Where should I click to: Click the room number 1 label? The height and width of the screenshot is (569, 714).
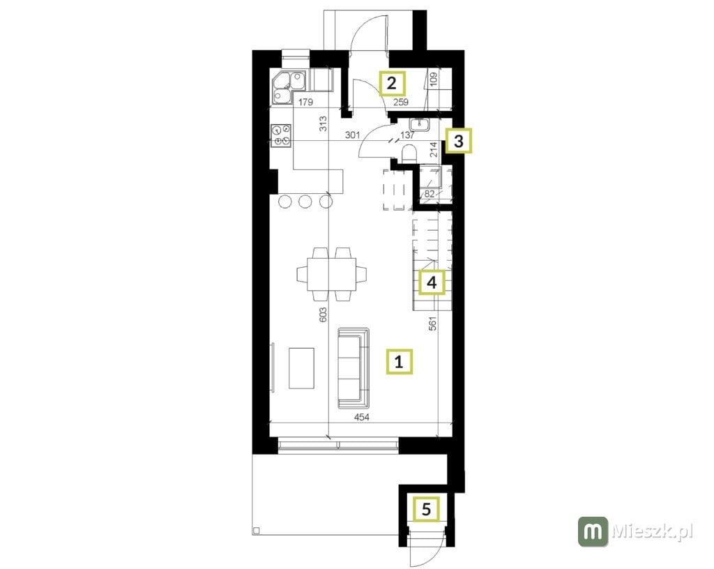400,361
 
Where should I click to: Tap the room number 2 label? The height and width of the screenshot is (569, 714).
392,83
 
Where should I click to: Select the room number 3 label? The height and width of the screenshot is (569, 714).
459,141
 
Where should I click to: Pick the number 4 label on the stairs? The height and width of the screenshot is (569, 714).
432,282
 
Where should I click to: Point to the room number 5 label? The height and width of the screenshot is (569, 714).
426,509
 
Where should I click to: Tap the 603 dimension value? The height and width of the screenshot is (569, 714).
323,315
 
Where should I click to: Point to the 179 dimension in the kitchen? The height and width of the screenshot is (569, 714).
305,103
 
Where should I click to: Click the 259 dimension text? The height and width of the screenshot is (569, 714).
401,103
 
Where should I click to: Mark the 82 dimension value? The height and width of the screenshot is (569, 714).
430,194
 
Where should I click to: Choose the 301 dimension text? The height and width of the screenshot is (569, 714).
352,135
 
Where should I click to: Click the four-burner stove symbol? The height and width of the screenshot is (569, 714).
281,136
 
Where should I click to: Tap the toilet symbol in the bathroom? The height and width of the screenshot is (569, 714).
410,153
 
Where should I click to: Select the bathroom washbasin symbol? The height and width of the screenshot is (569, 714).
418,124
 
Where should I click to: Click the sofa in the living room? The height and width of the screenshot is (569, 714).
354,367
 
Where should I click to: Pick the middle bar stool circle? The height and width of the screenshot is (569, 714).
305,201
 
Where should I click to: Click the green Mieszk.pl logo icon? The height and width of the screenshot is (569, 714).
593,531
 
